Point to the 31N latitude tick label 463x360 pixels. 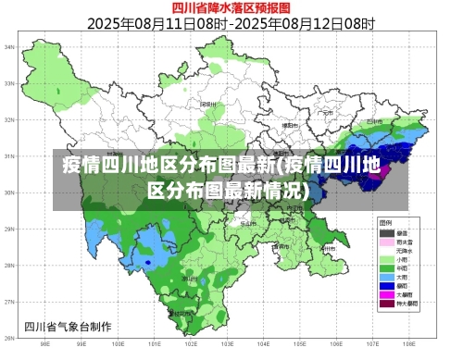coord(9,156)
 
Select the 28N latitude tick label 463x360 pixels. coord(9,266)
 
